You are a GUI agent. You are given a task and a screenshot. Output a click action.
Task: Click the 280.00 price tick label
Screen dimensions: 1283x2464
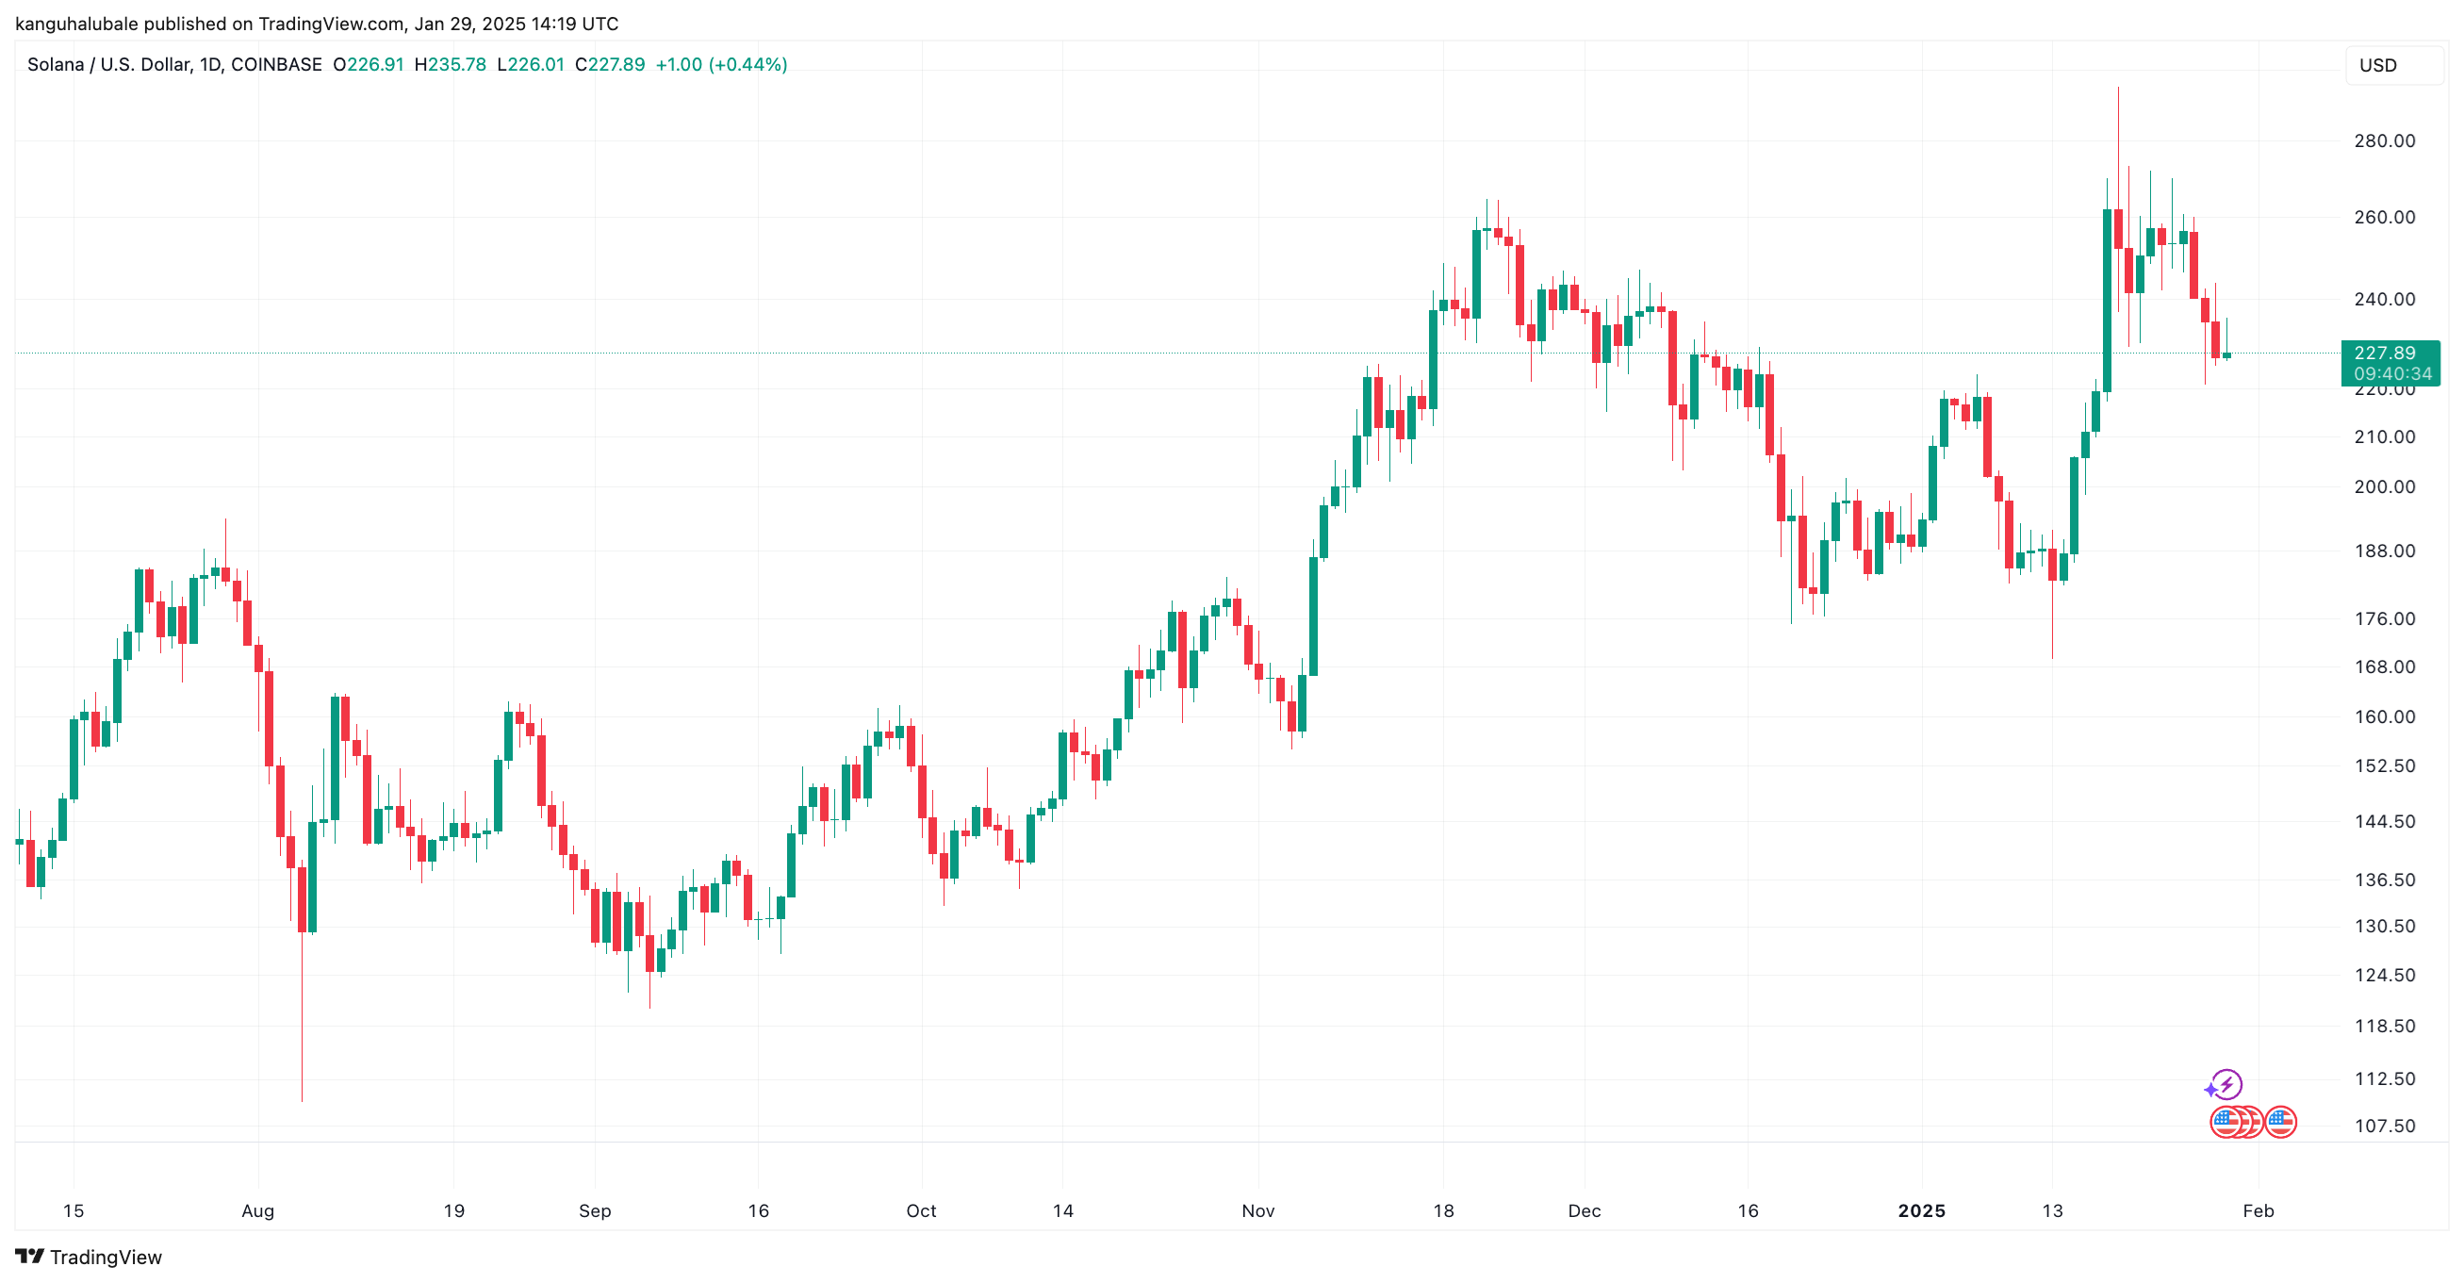pyautogui.click(x=2384, y=140)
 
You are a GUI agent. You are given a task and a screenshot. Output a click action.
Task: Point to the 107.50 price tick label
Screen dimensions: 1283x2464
pyautogui.click(x=2384, y=1126)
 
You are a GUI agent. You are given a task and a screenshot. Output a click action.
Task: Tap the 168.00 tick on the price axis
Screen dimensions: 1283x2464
pyautogui.click(x=2384, y=666)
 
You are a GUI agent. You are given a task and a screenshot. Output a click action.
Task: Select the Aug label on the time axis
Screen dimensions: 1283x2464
pyautogui.click(x=257, y=1210)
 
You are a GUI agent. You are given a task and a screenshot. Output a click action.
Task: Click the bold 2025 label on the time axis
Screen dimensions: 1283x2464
pyautogui.click(x=1921, y=1210)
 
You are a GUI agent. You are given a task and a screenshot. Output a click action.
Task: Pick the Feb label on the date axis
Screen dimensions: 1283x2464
pyautogui.click(x=2258, y=1210)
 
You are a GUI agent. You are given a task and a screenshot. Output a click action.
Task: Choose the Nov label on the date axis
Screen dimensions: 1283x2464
pyautogui.click(x=1257, y=1210)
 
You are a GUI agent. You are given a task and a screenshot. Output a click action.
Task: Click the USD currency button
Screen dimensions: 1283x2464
pyautogui.click(x=2378, y=65)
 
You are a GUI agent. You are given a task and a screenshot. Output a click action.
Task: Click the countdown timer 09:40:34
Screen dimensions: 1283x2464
pyautogui.click(x=2391, y=374)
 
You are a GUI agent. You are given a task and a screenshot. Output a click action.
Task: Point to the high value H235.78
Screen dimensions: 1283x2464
pyautogui.click(x=450, y=64)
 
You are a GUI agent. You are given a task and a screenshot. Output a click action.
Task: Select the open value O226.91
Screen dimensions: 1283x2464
pyautogui.click(x=369, y=64)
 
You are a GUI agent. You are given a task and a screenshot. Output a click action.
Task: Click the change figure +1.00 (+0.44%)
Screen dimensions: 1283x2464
pyautogui.click(x=721, y=64)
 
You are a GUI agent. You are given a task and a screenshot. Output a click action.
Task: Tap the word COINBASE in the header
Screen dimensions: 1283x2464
pyautogui.click(x=276, y=64)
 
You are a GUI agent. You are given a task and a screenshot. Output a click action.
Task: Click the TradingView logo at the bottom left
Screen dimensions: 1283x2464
pyautogui.click(x=89, y=1257)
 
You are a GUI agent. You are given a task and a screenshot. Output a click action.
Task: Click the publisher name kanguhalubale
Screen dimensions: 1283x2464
pyautogui.click(x=76, y=23)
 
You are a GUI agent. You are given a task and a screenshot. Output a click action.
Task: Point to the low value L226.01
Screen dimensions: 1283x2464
pyautogui.click(x=531, y=64)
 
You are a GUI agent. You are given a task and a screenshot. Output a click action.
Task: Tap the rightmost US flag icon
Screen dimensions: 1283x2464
pyautogui.click(x=2280, y=1121)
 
